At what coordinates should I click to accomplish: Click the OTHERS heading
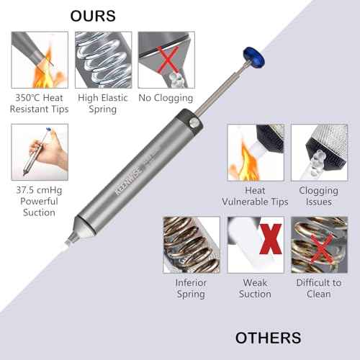[269, 338]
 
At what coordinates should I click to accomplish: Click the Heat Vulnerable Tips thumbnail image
[256, 152]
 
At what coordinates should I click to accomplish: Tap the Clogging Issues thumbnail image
[319, 152]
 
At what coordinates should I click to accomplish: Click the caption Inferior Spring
[192, 288]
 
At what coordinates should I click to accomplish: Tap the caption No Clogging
[166, 98]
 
